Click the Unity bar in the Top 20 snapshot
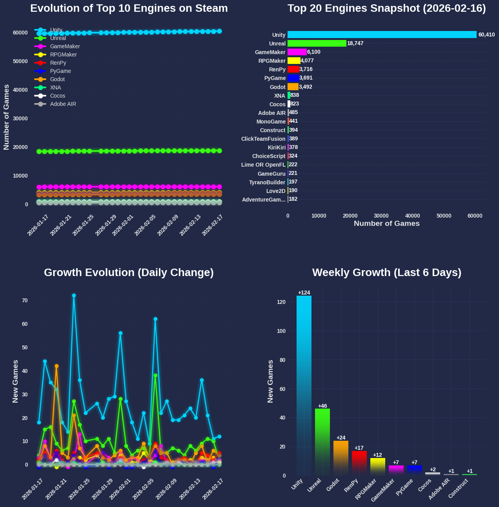point(382,35)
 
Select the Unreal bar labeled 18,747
point(317,44)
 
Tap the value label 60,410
point(486,35)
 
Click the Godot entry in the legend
point(57,80)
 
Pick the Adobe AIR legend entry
point(63,104)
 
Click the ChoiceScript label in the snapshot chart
point(269,156)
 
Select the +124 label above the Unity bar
point(304,293)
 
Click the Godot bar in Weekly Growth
point(341,458)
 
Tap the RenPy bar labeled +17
point(359,463)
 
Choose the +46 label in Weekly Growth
point(322,406)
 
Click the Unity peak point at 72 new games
point(74,295)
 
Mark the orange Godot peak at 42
point(56,366)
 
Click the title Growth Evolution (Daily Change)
point(129,273)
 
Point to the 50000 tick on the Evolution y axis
point(20,62)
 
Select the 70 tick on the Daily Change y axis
point(25,300)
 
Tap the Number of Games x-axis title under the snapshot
point(386,224)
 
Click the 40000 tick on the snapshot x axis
point(412,216)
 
